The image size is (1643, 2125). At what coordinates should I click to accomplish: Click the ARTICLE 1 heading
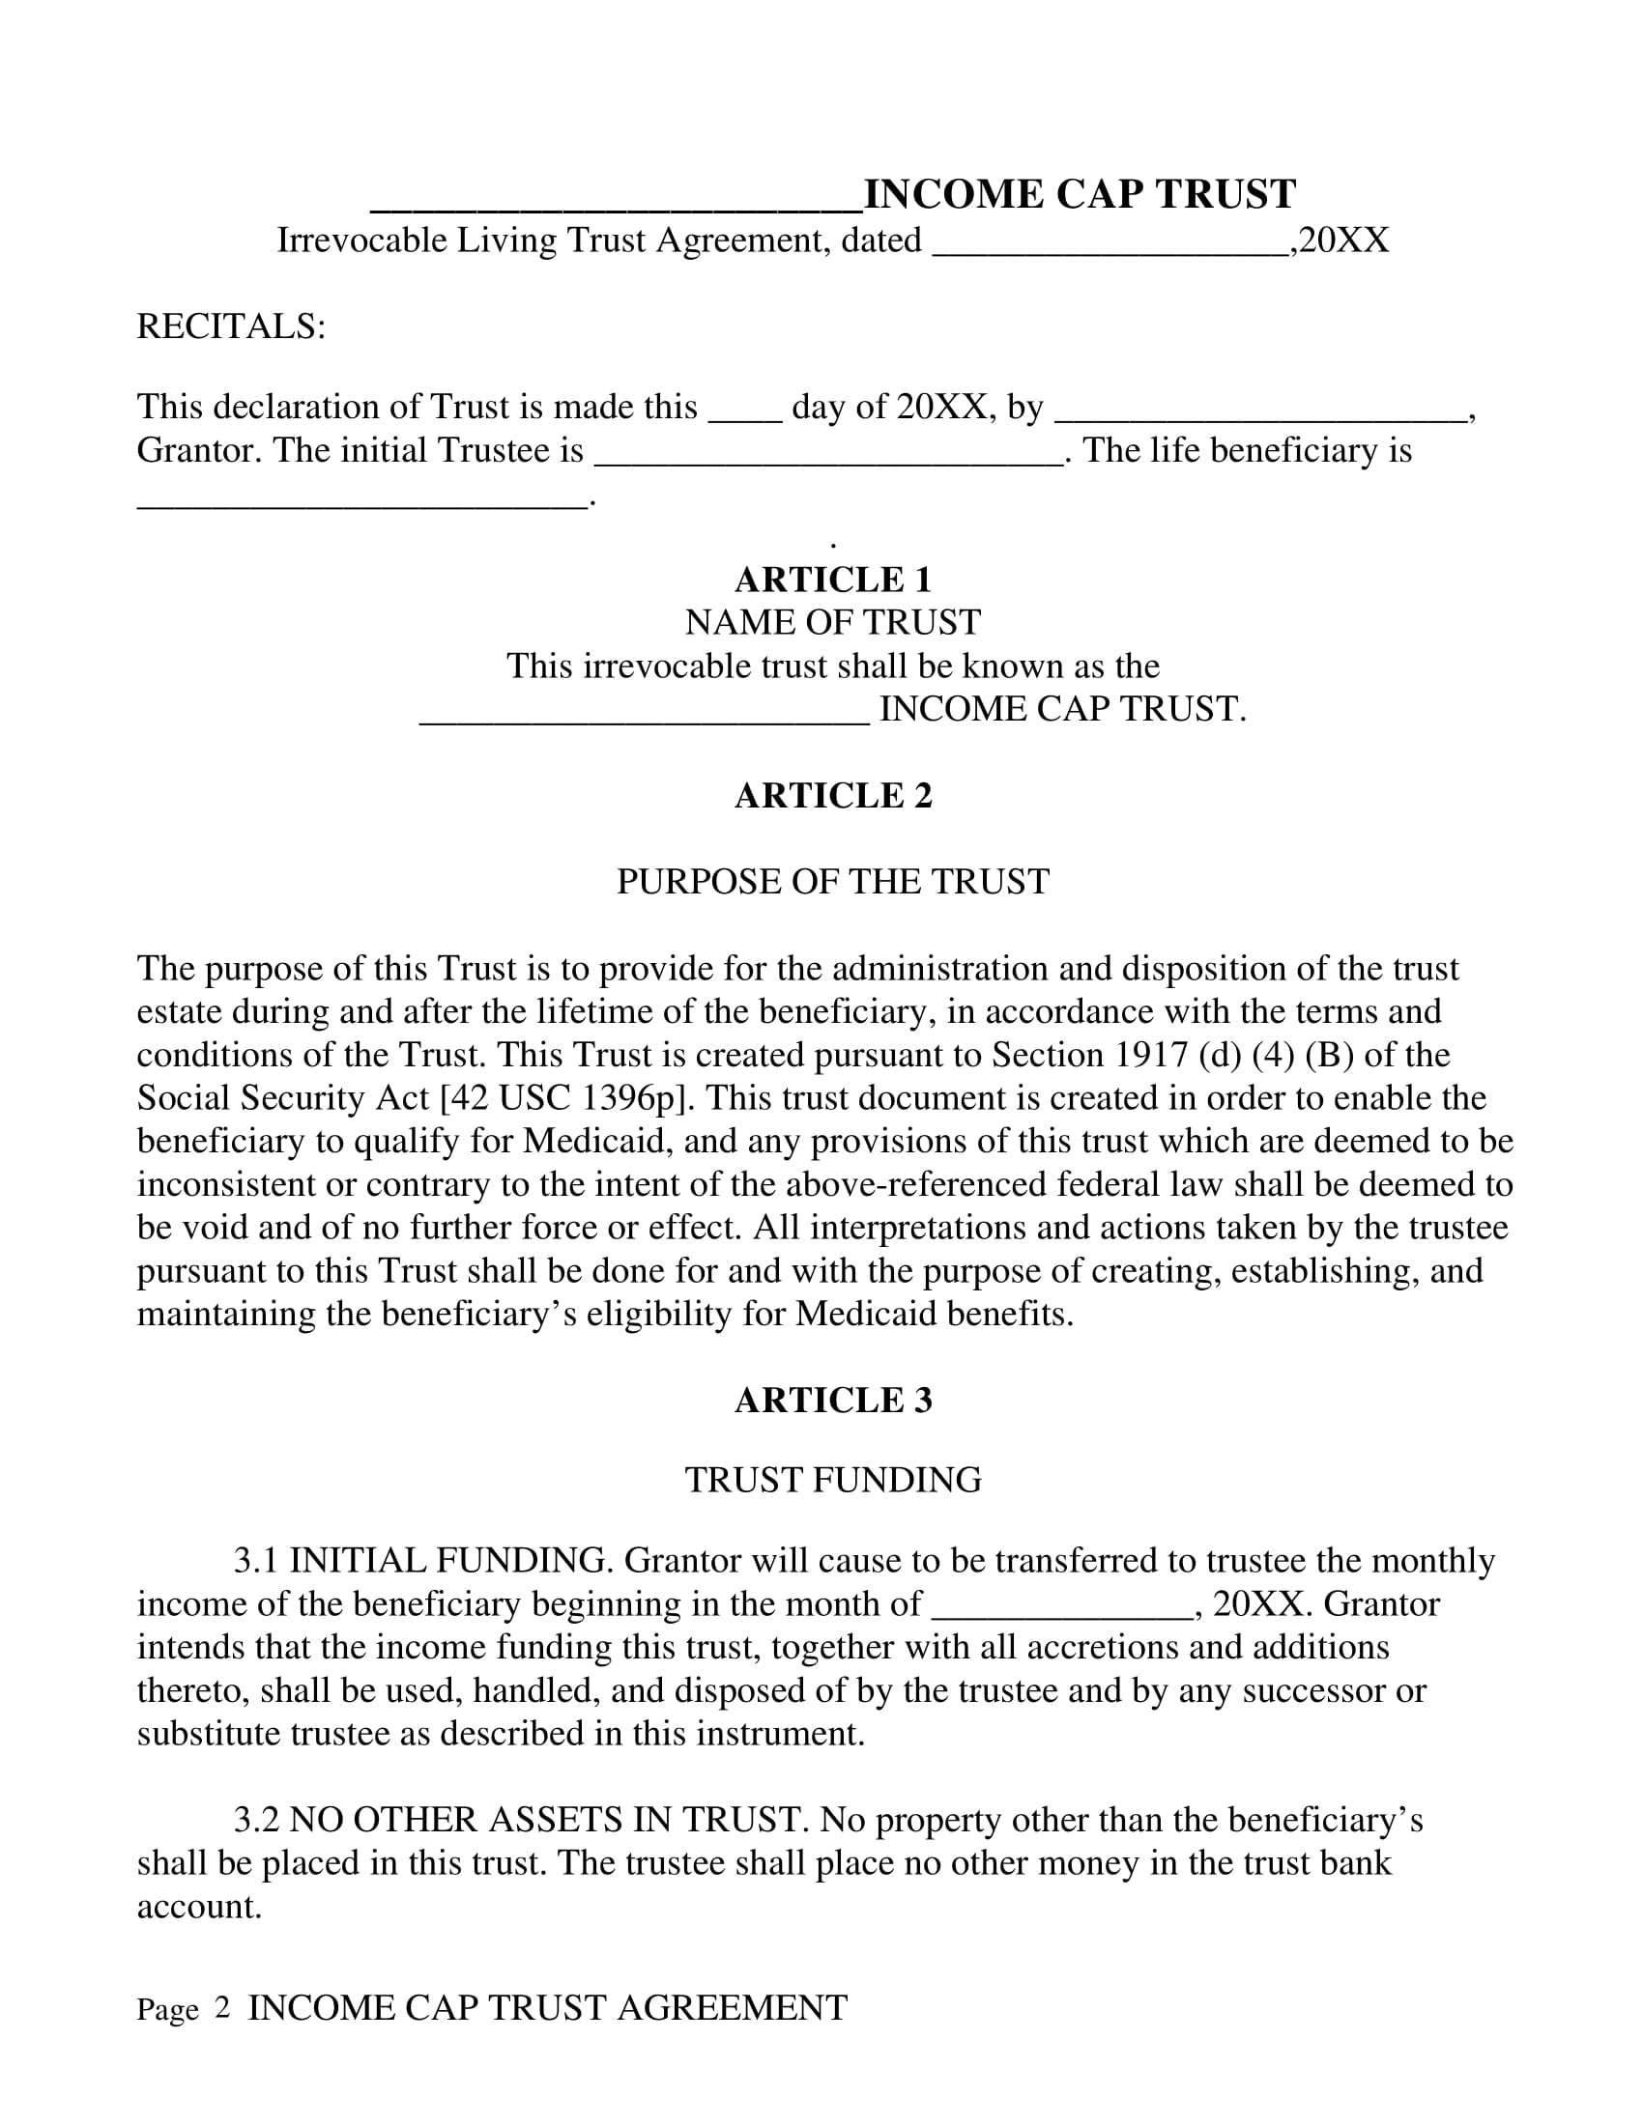(833, 580)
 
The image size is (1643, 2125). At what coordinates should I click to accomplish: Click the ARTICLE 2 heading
(833, 796)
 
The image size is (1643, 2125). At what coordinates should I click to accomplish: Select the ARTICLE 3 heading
(833, 1401)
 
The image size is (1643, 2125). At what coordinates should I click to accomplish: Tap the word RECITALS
(230, 326)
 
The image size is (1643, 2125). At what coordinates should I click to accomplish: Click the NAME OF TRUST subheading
(833, 623)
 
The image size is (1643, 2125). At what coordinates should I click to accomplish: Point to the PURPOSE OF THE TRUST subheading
(833, 882)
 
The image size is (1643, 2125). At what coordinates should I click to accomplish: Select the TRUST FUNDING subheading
(833, 1480)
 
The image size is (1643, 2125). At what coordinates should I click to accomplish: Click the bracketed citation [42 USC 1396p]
(567, 1098)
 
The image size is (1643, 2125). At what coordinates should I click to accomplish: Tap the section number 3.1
(256, 1561)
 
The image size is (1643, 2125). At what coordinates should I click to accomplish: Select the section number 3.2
(256, 1821)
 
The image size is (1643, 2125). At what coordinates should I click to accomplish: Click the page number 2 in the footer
(222, 2008)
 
